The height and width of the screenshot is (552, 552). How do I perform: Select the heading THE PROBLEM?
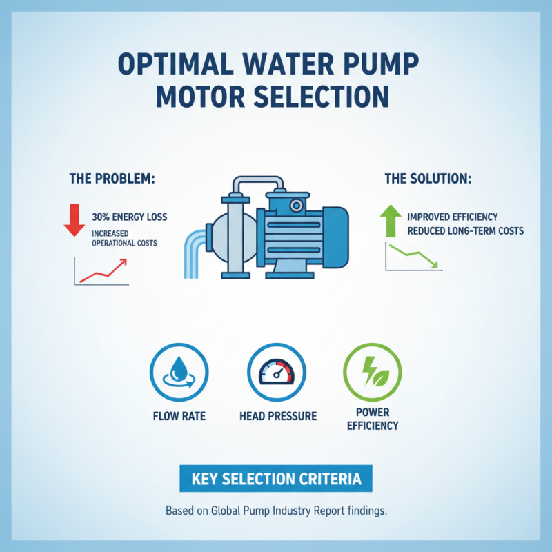click(112, 178)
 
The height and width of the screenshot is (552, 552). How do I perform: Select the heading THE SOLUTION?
click(428, 178)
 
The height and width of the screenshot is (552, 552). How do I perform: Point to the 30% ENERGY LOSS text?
click(129, 217)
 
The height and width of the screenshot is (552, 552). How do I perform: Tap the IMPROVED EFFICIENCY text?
click(452, 217)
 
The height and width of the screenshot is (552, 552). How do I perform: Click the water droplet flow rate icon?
click(179, 373)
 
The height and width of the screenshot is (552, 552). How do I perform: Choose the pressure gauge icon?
click(275, 373)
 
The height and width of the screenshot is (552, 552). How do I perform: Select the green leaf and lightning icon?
click(372, 373)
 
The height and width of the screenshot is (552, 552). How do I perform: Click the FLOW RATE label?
click(179, 416)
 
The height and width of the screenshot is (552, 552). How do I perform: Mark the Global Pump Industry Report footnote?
click(275, 512)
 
